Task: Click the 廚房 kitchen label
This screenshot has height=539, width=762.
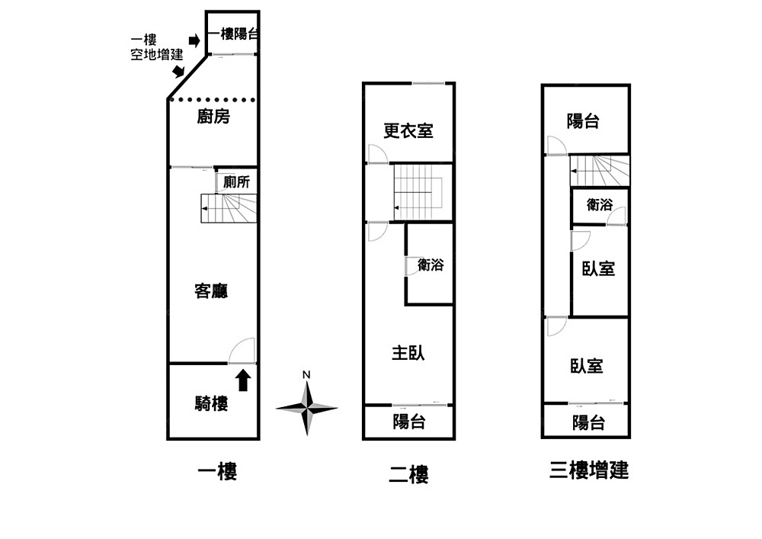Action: [213, 117]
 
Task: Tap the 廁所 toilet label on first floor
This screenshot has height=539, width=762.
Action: [236, 183]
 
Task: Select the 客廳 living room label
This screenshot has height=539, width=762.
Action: [212, 291]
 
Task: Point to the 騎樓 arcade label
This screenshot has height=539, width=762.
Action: [211, 404]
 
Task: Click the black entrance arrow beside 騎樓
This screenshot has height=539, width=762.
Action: [243, 380]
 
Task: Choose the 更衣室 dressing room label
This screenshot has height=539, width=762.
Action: [408, 131]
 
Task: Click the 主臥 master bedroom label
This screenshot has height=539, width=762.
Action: [408, 353]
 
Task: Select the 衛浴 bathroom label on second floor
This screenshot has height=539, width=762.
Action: [431, 265]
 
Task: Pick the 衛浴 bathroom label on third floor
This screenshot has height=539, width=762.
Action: [600, 204]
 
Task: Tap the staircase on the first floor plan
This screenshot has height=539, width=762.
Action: [229, 208]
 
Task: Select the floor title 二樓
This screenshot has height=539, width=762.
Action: [408, 475]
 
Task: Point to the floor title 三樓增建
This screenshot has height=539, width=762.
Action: [589, 470]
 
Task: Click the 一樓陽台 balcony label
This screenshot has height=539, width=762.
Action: [232, 34]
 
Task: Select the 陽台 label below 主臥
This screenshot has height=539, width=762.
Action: [409, 422]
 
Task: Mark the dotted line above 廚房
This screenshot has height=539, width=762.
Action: [213, 99]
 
